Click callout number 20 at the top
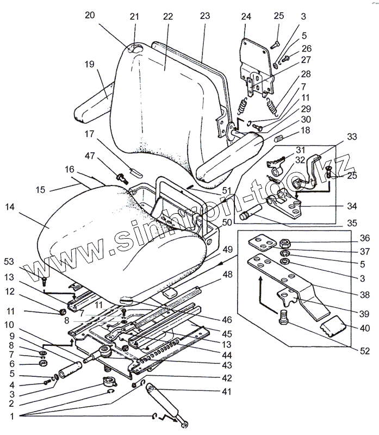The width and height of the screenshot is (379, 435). point(90,15)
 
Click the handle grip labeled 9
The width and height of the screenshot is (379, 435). point(70,372)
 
